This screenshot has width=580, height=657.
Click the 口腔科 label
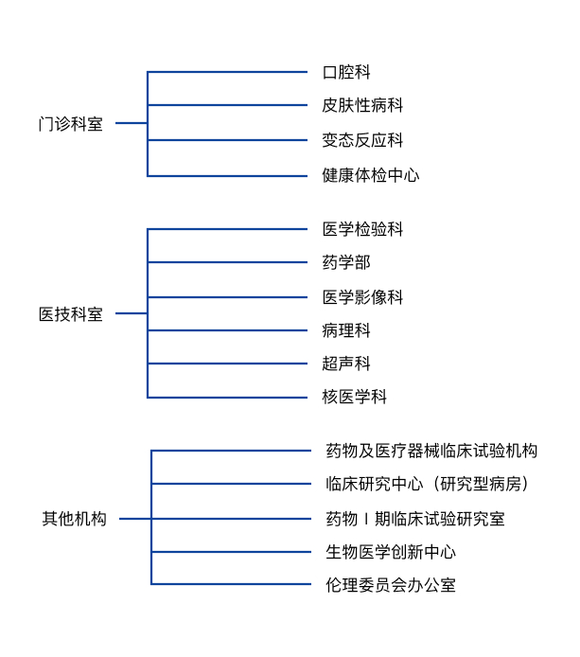346,72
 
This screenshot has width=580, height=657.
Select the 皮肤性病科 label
362,105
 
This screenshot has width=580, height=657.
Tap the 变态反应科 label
362,140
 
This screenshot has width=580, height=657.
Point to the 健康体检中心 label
371,175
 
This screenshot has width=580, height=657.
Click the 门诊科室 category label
71,124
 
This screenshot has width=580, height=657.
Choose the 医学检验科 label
362,229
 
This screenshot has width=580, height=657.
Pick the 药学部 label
346,262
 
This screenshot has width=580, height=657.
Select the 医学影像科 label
362,297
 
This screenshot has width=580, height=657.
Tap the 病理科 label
346,330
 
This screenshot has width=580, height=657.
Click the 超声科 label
346,364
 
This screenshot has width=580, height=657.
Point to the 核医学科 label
354,397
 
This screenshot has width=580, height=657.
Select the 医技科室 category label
71,314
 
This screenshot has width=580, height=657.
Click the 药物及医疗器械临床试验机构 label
431,451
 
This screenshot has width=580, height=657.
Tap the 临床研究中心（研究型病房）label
428,484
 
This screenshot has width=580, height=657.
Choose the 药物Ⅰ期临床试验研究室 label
415,519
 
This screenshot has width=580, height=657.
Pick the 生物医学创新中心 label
391,552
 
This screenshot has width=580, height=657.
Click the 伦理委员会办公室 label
391,585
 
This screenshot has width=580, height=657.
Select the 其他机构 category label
74,519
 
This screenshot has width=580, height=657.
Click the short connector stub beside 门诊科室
132,123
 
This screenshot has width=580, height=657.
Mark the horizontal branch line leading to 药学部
227,262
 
